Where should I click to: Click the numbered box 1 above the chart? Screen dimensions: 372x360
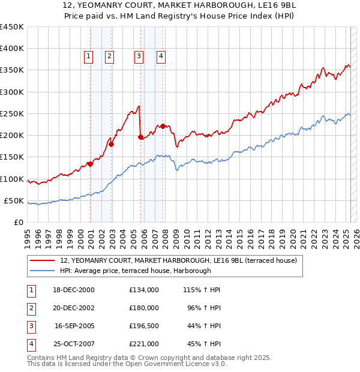(x=88, y=56)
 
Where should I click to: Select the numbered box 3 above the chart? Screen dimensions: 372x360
(x=139, y=56)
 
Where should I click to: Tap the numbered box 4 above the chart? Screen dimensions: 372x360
(x=161, y=56)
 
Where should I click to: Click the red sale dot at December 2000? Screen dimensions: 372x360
(x=90, y=163)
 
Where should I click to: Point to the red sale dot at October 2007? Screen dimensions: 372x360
(x=163, y=126)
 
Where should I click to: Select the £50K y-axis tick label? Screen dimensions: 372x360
(x=14, y=200)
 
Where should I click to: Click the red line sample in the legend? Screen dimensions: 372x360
(x=42, y=260)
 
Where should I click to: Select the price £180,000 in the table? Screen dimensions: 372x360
(x=144, y=308)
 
